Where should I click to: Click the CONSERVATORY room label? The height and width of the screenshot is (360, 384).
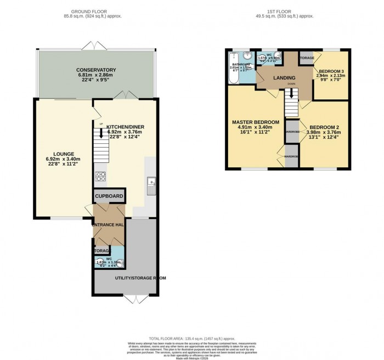(96, 70)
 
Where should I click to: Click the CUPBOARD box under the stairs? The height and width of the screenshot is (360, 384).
(109, 196)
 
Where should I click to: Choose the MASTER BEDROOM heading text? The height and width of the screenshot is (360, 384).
(255, 122)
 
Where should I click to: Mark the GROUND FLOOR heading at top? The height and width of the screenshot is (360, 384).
(95, 10)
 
